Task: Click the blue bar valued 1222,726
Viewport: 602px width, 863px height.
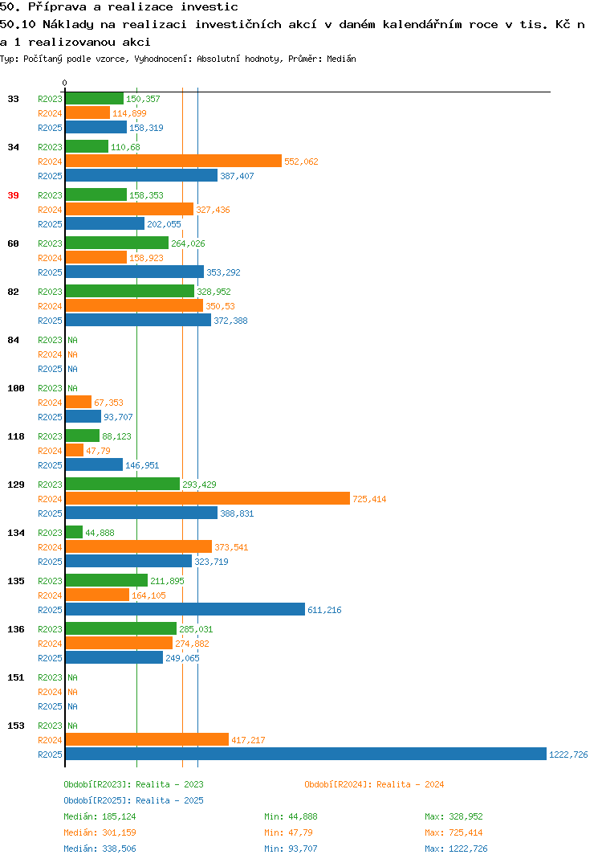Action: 306,754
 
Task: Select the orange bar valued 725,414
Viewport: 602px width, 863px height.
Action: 208,499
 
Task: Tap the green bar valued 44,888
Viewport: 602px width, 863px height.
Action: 74,532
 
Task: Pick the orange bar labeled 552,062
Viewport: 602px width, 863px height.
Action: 173,162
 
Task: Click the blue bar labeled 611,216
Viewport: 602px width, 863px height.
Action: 185,609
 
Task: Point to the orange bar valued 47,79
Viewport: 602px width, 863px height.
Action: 75,450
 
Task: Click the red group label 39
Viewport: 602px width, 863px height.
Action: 13,195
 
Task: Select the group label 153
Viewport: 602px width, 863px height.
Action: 16,726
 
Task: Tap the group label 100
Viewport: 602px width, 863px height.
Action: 16,388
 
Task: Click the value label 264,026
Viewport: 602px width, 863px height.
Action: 188,243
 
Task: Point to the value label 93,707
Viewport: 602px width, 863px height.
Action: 118,417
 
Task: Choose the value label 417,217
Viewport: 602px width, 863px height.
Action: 248,740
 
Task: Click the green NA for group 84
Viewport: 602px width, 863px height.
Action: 72,340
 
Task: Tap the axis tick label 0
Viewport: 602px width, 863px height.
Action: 65,83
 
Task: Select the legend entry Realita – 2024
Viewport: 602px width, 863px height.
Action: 374,784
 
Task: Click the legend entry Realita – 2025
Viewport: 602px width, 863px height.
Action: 133,800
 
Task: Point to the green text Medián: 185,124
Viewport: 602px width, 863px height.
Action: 100,816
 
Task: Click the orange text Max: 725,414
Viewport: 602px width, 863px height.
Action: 454,832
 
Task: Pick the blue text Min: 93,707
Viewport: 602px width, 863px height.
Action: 291,849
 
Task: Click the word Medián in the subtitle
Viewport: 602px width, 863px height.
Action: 341,59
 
